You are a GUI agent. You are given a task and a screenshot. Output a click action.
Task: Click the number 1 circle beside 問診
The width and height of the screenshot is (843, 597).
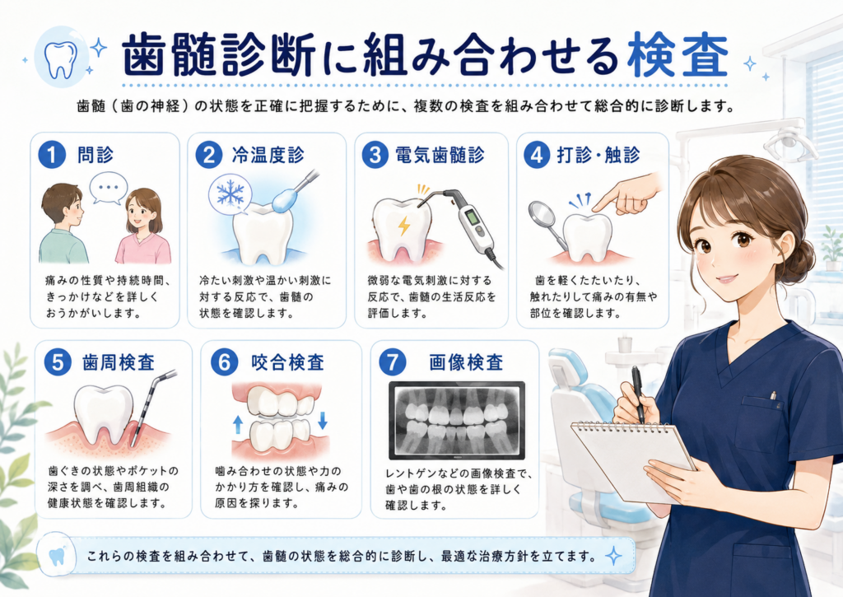click(x=52, y=155)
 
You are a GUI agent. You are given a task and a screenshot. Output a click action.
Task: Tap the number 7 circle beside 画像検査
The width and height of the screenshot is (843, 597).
click(x=393, y=362)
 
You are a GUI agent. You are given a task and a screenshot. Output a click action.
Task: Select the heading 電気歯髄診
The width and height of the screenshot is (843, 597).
click(x=440, y=155)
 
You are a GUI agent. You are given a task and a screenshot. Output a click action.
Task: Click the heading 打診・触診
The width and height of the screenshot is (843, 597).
click(x=598, y=155)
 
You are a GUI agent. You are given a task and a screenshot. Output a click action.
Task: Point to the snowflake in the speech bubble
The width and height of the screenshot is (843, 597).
click(x=230, y=193)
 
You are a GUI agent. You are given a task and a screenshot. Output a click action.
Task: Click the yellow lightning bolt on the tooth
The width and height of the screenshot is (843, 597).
click(x=403, y=226)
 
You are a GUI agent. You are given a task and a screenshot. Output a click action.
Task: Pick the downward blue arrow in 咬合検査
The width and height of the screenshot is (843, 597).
click(x=323, y=420)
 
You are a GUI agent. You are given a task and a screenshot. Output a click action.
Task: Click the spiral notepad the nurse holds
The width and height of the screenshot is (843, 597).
click(x=631, y=459)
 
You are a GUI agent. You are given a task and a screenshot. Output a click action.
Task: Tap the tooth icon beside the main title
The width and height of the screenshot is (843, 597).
click(x=60, y=60)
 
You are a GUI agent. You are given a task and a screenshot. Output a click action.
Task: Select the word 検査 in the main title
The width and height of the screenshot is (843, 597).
click(x=678, y=55)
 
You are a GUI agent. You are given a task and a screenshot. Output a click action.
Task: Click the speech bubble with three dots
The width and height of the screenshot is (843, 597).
click(x=109, y=189)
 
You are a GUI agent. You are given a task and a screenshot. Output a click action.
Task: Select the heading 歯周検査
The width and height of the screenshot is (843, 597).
click(x=119, y=362)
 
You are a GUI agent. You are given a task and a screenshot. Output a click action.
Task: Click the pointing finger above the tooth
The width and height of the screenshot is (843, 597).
click(x=629, y=194)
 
